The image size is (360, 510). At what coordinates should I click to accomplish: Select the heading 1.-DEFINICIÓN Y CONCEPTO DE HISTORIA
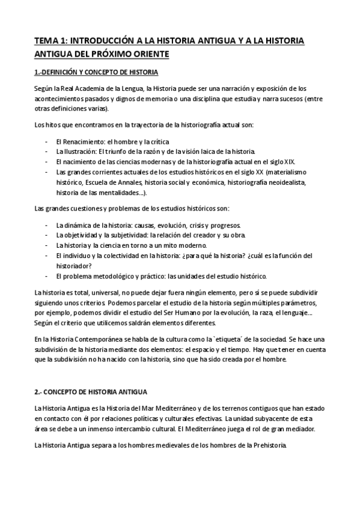96,73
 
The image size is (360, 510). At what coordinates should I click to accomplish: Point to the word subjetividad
127,235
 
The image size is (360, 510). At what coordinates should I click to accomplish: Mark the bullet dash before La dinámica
47,224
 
